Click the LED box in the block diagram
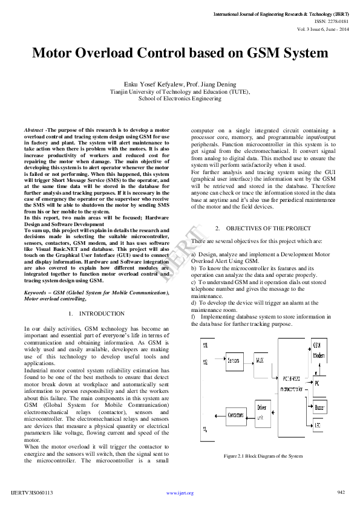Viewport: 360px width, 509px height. (x=318, y=425)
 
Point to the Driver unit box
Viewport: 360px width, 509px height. (x=261, y=412)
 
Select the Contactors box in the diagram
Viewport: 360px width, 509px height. (x=236, y=415)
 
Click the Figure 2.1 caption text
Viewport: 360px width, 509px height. (x=263, y=455)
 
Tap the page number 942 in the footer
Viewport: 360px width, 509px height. (x=341, y=492)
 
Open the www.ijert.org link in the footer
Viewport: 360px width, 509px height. (x=180, y=493)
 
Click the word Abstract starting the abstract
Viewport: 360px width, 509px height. (x=33, y=130)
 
